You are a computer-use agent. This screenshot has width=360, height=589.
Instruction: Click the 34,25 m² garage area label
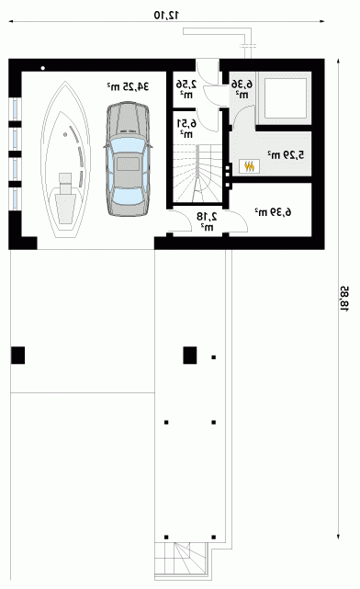tap(128, 86)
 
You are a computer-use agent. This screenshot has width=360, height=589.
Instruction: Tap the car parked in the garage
tap(128, 159)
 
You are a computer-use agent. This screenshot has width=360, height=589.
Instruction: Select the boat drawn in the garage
tap(65, 159)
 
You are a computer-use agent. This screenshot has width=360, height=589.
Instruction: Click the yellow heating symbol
tap(249, 166)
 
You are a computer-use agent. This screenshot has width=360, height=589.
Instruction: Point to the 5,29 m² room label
tap(286, 154)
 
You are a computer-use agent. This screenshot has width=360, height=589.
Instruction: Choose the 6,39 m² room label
tap(273, 212)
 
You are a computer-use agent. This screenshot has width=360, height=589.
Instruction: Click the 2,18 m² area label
tap(207, 221)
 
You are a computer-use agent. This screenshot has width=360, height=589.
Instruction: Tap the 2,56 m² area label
tap(186, 88)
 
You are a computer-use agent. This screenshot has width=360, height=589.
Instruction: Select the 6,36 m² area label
tap(242, 88)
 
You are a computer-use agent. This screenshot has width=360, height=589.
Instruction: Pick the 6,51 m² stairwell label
tap(186, 128)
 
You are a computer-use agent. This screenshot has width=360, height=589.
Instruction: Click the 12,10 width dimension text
tap(166, 15)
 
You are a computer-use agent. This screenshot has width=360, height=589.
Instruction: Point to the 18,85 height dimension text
tap(344, 299)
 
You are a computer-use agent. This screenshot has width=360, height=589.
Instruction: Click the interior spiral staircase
tap(197, 174)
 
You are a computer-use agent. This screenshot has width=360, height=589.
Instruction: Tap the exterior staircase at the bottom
tap(181, 561)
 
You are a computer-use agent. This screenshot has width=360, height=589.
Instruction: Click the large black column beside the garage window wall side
tap(17, 355)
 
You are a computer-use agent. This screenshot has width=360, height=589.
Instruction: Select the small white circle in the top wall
tap(43, 68)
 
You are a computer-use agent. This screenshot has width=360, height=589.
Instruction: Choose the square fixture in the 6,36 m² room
tap(284, 97)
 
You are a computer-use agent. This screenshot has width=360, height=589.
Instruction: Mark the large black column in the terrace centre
tap(190, 355)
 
